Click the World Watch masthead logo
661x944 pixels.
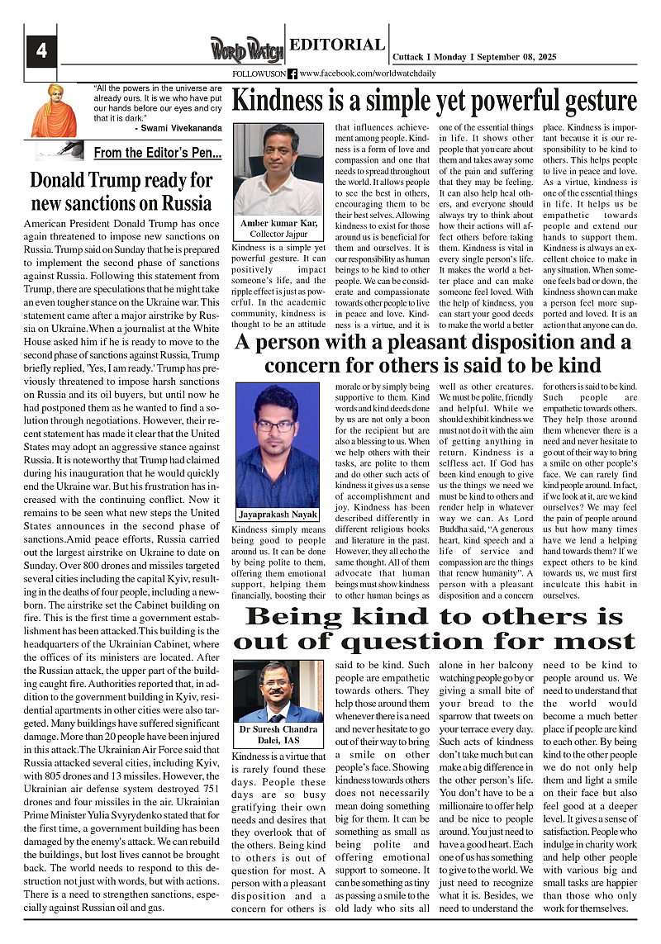246,50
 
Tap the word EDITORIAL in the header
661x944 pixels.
337,45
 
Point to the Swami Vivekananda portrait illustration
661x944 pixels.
55,110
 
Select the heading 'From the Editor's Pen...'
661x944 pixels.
157,153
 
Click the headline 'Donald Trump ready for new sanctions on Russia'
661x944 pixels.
121,191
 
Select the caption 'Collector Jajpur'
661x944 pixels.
278,235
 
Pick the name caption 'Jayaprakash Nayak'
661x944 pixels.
278,513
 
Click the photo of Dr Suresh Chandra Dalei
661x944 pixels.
278,691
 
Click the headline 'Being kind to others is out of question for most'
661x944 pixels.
435,629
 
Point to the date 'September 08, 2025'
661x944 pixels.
516,56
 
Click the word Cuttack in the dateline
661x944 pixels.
411,56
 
